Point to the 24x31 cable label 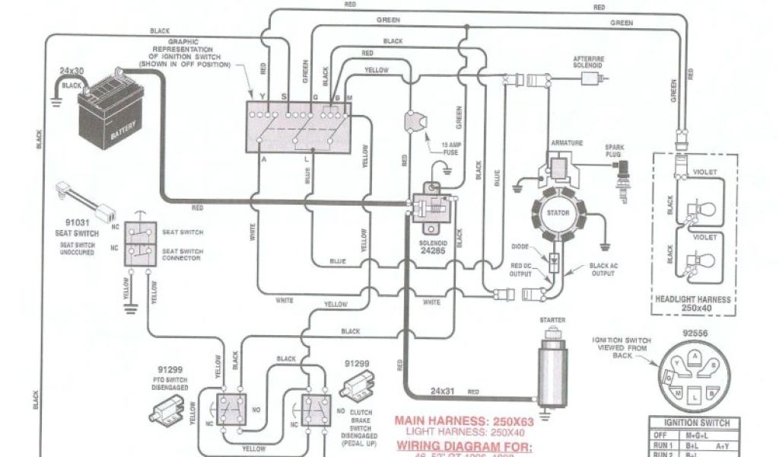pos(442,391)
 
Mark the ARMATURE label pos(567,142)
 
